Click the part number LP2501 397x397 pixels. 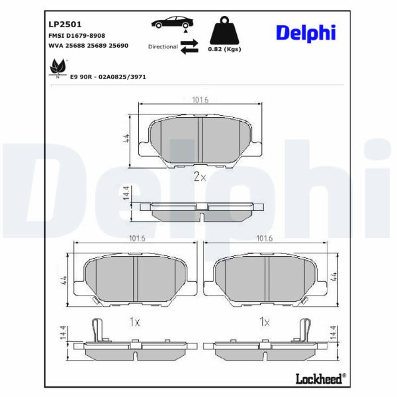tap(65, 24)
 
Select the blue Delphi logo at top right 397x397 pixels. tap(306, 33)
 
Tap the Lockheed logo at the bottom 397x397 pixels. tap(320, 379)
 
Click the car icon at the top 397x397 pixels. tap(173, 22)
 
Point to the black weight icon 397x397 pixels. tap(224, 30)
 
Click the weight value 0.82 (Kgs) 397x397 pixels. tap(224, 49)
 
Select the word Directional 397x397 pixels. tap(163, 46)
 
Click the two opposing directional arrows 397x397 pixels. tap(189, 46)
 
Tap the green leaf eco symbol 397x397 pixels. tap(58, 67)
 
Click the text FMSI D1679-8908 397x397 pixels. tap(77, 36)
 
